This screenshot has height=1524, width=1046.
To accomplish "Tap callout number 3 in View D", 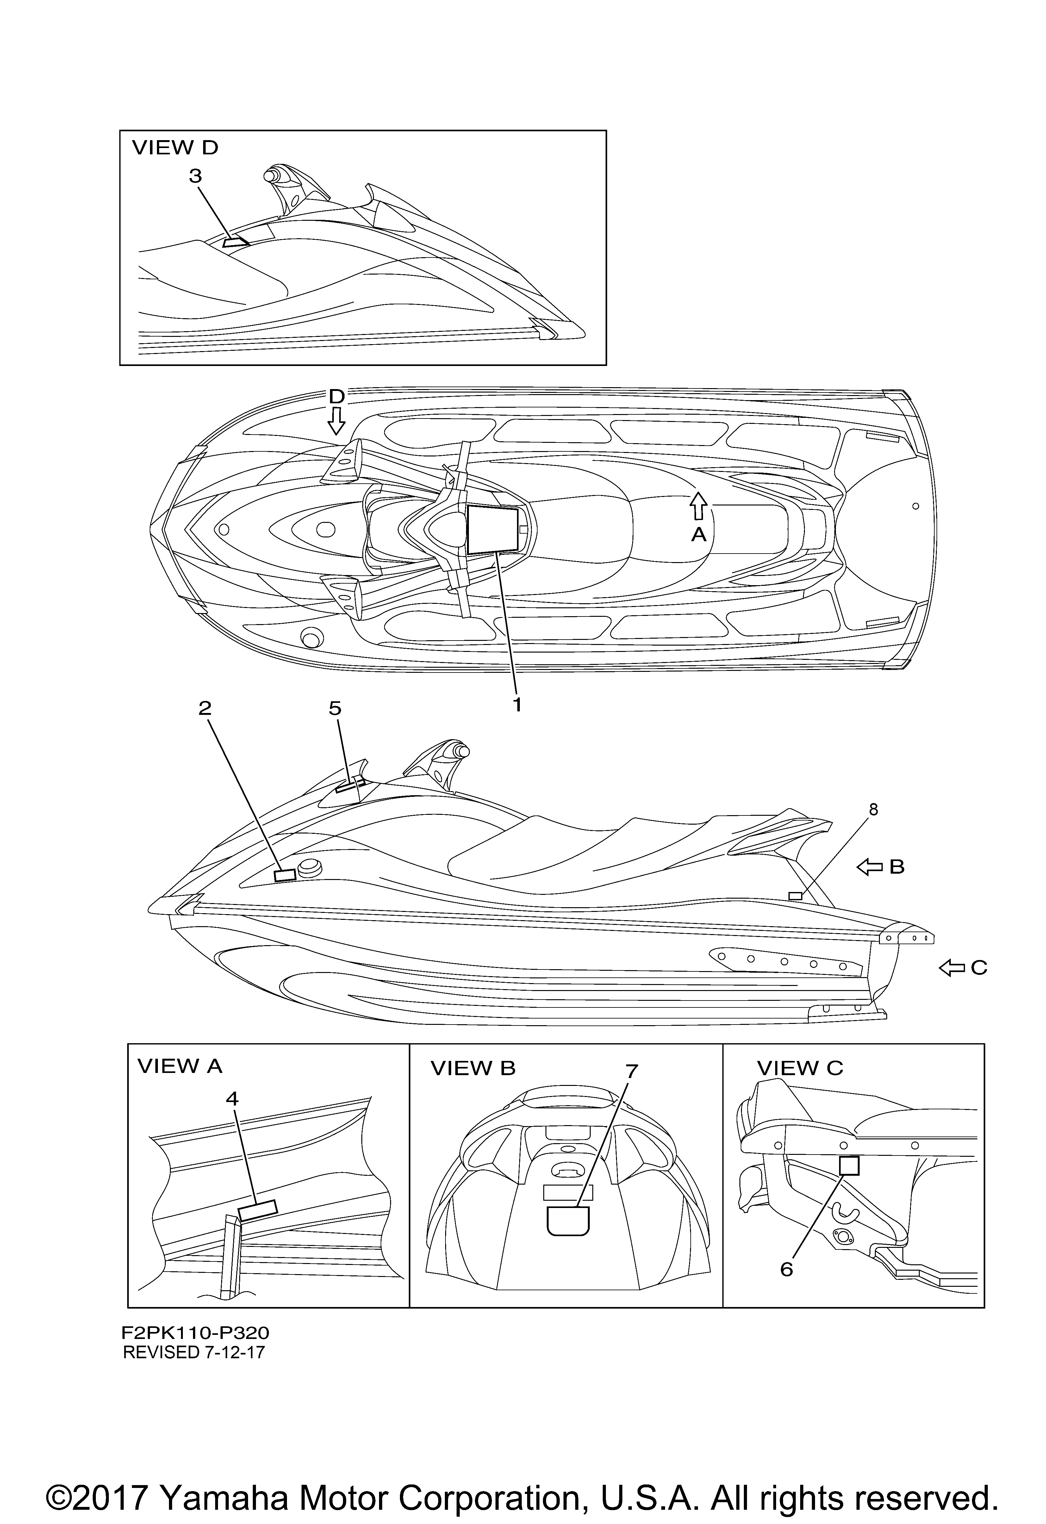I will coord(196,177).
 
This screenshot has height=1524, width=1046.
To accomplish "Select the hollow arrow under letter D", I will coord(336,420).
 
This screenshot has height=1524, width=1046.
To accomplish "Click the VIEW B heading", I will coord(473,1069).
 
